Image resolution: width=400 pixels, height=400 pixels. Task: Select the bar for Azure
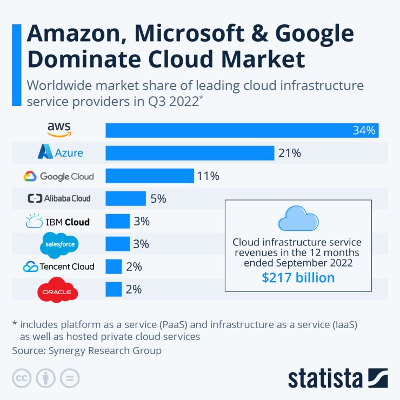[x=190, y=153]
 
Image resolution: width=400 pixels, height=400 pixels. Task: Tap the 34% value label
[x=363, y=130]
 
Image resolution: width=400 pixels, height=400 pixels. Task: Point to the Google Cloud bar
[x=150, y=176]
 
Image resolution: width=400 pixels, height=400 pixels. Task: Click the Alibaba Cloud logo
[x=59, y=198]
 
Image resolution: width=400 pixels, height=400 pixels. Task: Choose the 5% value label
[x=158, y=198]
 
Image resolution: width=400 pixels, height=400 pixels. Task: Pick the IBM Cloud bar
[x=118, y=221]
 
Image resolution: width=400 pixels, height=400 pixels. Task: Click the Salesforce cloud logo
[x=59, y=244]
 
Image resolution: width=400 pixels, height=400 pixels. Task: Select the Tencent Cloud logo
[x=59, y=266]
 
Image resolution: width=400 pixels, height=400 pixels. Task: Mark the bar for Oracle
[x=114, y=289]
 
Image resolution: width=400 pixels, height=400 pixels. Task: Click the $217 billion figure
[x=298, y=278]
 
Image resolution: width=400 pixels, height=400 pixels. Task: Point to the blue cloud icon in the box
[x=298, y=218]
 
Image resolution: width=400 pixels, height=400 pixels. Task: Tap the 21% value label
[x=289, y=153]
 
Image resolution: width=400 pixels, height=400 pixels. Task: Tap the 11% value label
[x=208, y=176]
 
